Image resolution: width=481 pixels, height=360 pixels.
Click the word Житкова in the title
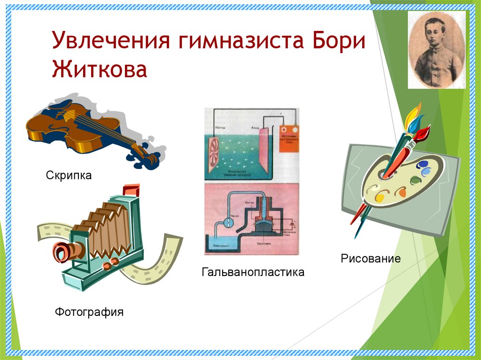(x=100, y=69)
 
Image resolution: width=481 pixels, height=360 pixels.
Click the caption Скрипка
(x=69, y=176)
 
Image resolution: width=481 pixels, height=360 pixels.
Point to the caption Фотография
(x=89, y=311)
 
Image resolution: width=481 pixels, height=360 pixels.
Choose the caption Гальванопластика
(x=253, y=272)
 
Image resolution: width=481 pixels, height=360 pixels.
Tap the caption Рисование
(x=371, y=258)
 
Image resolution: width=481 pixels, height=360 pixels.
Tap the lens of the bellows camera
(x=61, y=252)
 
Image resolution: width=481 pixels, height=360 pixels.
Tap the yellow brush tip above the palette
(x=413, y=113)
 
